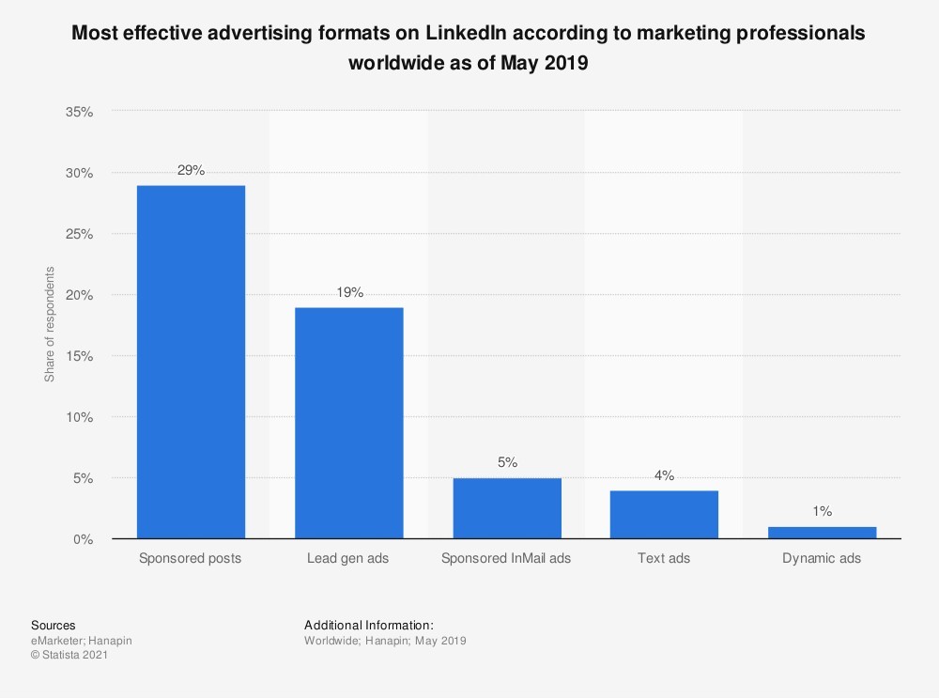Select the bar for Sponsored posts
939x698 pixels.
tap(191, 362)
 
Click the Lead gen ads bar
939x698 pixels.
tap(348, 423)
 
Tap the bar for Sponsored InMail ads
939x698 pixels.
tap(506, 508)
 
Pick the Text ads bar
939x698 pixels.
tap(664, 514)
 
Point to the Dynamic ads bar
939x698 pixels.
tap(822, 533)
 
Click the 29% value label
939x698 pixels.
tap(191, 170)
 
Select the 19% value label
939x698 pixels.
tap(348, 292)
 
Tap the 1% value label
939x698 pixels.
tap(822, 512)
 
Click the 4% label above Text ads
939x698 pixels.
tap(664, 475)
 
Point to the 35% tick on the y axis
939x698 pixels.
tap(80, 112)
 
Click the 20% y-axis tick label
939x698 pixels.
tap(80, 295)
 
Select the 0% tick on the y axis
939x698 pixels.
tap(84, 539)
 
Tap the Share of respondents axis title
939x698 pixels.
tap(50, 324)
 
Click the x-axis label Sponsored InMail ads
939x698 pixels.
tap(506, 558)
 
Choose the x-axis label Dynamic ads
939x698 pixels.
tap(822, 558)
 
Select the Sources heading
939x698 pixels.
tap(54, 625)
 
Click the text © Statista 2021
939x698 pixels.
tap(69, 656)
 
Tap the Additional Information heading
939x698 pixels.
tap(369, 625)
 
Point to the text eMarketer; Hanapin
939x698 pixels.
tap(82, 641)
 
